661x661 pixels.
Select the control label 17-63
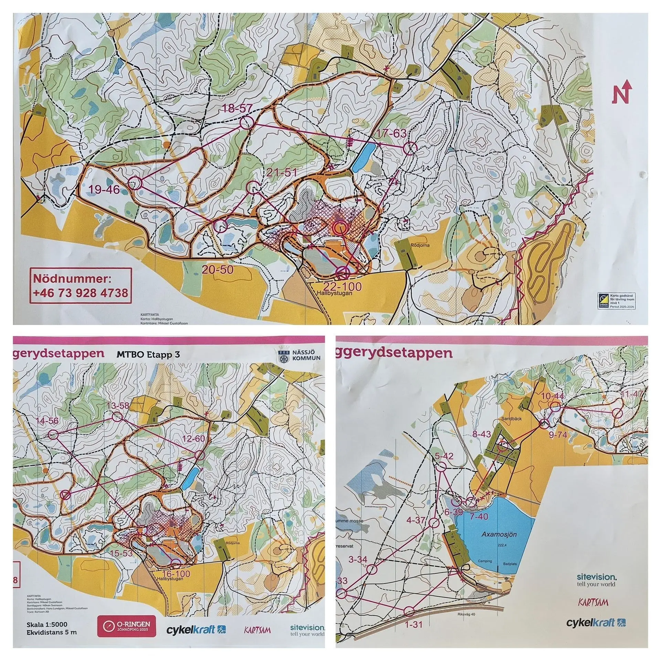click(392, 133)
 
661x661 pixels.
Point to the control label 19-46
click(104, 189)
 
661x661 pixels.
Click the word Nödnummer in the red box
click(73, 278)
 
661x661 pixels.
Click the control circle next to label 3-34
click(371, 569)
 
